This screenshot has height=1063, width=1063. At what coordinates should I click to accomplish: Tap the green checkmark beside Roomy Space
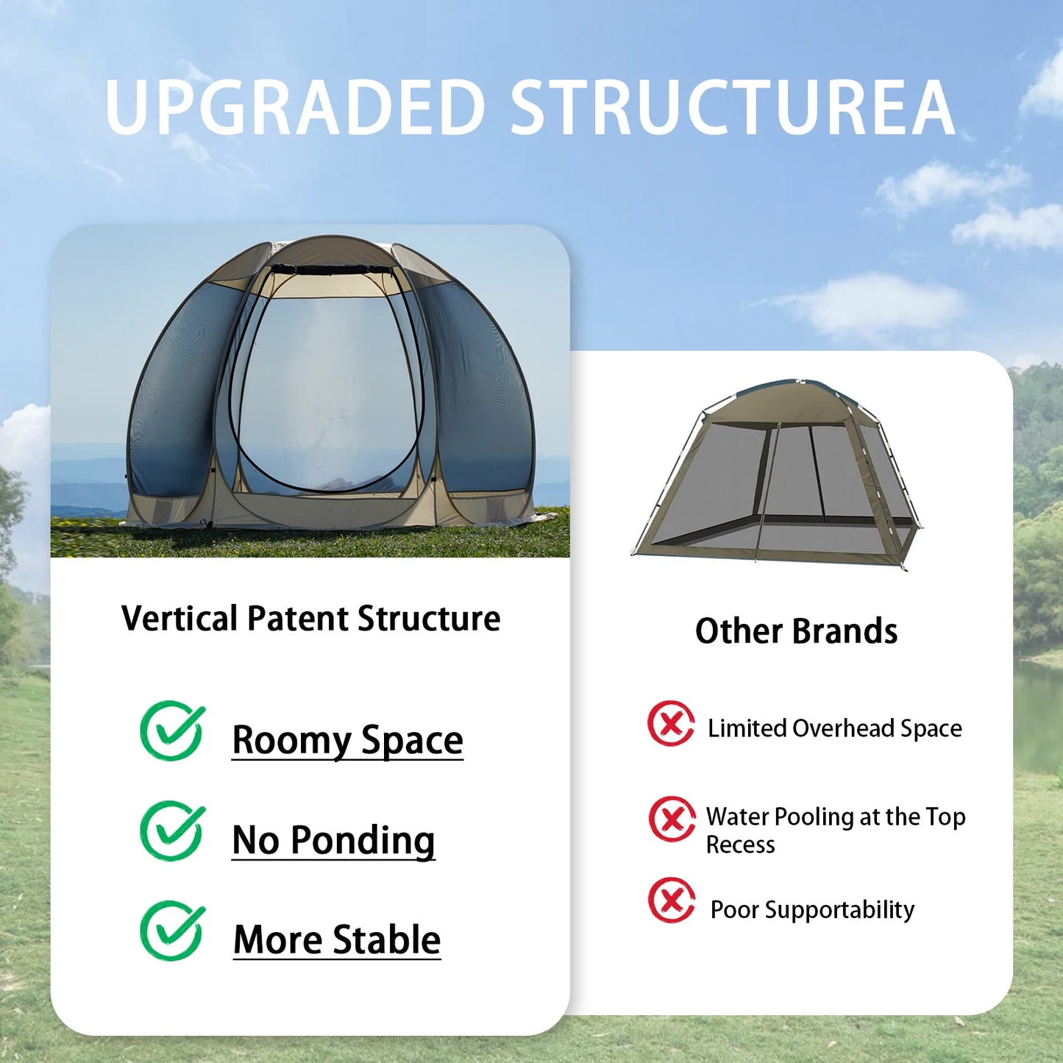tap(172, 730)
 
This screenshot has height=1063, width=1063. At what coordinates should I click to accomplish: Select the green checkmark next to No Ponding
tap(172, 831)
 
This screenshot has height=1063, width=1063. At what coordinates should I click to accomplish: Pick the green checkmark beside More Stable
tap(172, 931)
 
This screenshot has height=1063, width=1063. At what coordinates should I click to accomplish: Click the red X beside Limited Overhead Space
tap(671, 723)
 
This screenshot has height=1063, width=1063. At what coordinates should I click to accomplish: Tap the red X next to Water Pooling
tap(672, 819)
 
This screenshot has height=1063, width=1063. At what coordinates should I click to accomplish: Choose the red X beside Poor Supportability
tap(672, 900)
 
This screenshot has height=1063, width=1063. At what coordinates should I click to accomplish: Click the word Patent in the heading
tap(298, 618)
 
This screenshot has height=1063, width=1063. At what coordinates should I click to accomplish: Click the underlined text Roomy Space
tap(347, 740)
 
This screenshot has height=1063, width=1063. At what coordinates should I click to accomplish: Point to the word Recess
tap(740, 845)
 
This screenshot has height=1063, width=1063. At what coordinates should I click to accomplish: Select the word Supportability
tap(839, 910)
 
